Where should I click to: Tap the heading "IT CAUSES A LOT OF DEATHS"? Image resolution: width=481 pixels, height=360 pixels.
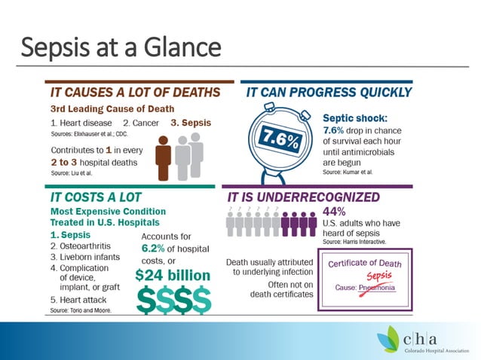point(135,93)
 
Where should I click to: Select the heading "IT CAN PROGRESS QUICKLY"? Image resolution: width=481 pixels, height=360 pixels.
point(329,93)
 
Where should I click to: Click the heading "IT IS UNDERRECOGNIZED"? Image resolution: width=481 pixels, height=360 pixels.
point(311,196)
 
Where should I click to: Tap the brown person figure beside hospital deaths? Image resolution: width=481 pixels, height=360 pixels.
point(164,157)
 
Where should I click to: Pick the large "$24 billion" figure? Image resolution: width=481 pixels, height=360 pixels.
point(173,275)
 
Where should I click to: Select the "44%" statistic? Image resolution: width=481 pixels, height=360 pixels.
point(334,210)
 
